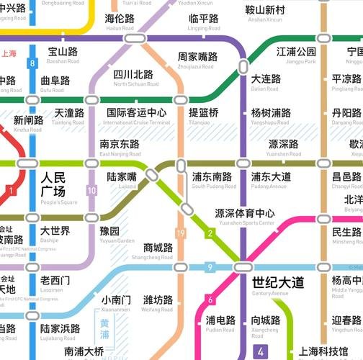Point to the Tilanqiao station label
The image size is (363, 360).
click(x=203, y=115)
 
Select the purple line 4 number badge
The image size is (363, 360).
click(x=260, y=352)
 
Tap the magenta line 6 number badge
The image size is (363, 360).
click(x=210, y=300)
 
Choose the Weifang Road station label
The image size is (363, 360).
click(x=158, y=304)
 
